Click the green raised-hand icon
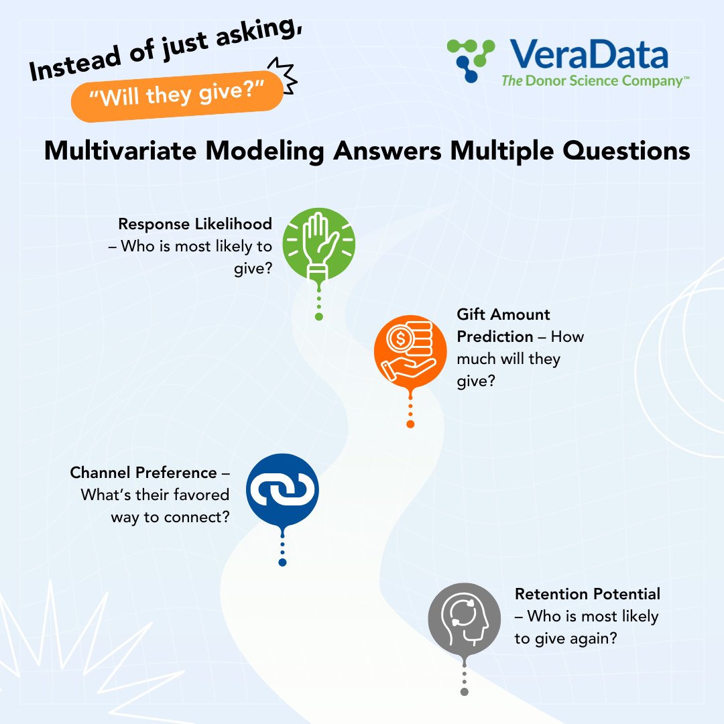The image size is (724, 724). coord(318,244)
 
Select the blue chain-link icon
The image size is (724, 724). coord(282,490)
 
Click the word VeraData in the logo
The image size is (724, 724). coord(588,55)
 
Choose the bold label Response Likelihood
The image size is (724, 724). coord(195,224)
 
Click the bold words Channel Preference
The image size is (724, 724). coord(143,473)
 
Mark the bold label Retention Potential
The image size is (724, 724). coord(587,594)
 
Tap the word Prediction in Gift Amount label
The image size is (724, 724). coord(495,336)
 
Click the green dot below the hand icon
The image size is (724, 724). coord(319,316)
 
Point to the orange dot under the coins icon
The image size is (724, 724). coord(410,424)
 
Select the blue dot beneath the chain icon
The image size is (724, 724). coord(282,562)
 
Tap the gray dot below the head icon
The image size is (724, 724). coord(464,691)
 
